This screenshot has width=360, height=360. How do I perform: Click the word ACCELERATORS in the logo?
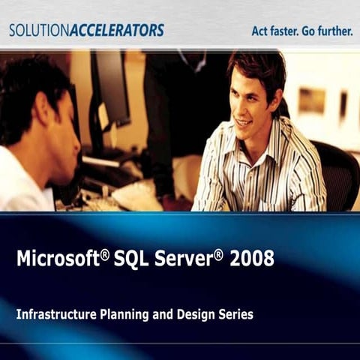click(x=116, y=31)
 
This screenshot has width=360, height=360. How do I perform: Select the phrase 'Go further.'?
click(x=327, y=31)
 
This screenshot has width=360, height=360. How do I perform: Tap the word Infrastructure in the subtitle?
click(x=55, y=315)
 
